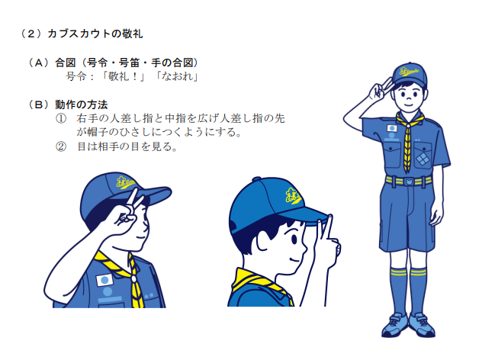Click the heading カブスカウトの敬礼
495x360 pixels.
[x=95, y=34]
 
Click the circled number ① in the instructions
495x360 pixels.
[x=61, y=119]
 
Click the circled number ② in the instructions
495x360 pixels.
[x=61, y=146]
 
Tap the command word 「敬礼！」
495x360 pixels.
[x=123, y=77]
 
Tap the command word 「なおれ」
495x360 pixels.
[x=177, y=77]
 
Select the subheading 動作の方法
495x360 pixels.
[x=82, y=104]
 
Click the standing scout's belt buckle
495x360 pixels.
[x=408, y=182]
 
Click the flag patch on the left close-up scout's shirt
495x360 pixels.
[x=104, y=280]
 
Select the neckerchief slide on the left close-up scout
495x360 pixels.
[x=133, y=278]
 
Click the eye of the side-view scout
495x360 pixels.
[x=294, y=239]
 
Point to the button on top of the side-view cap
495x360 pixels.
[x=256, y=179]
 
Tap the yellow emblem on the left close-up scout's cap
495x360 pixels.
[x=125, y=182]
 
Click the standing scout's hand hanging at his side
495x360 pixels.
[x=437, y=215]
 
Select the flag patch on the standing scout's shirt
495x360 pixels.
[x=392, y=128]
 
